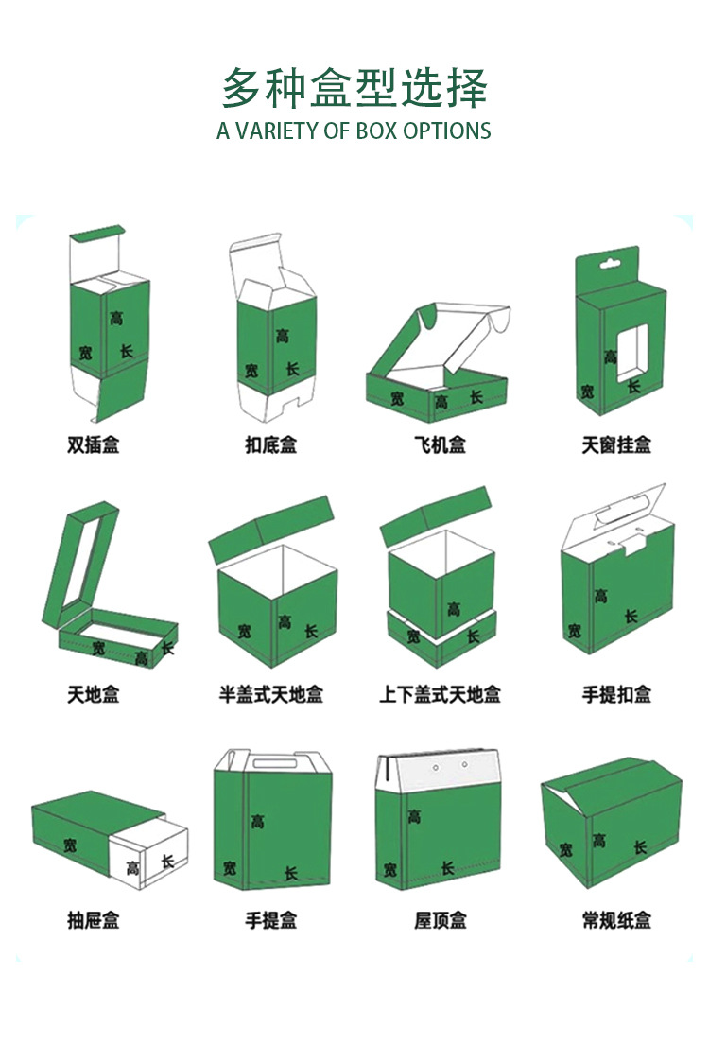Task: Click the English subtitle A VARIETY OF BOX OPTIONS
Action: pos(354,131)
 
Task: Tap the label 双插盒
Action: pos(94,444)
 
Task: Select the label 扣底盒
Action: pos(270,444)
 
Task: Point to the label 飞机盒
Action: pos(440,444)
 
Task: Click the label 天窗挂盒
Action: pos(616,444)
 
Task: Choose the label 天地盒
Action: pos(94,694)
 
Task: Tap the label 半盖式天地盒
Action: pos(270,694)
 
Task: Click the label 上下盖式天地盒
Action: pos(440,694)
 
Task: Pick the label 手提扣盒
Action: pos(616,694)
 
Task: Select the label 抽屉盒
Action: pos(94,919)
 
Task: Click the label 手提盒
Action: pos(270,919)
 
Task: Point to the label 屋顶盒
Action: pos(440,919)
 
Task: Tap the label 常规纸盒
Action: pos(616,919)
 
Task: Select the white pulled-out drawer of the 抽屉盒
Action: pos(151,856)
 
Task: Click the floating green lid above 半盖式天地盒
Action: pos(272,525)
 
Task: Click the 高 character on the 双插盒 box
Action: pos(115,318)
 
